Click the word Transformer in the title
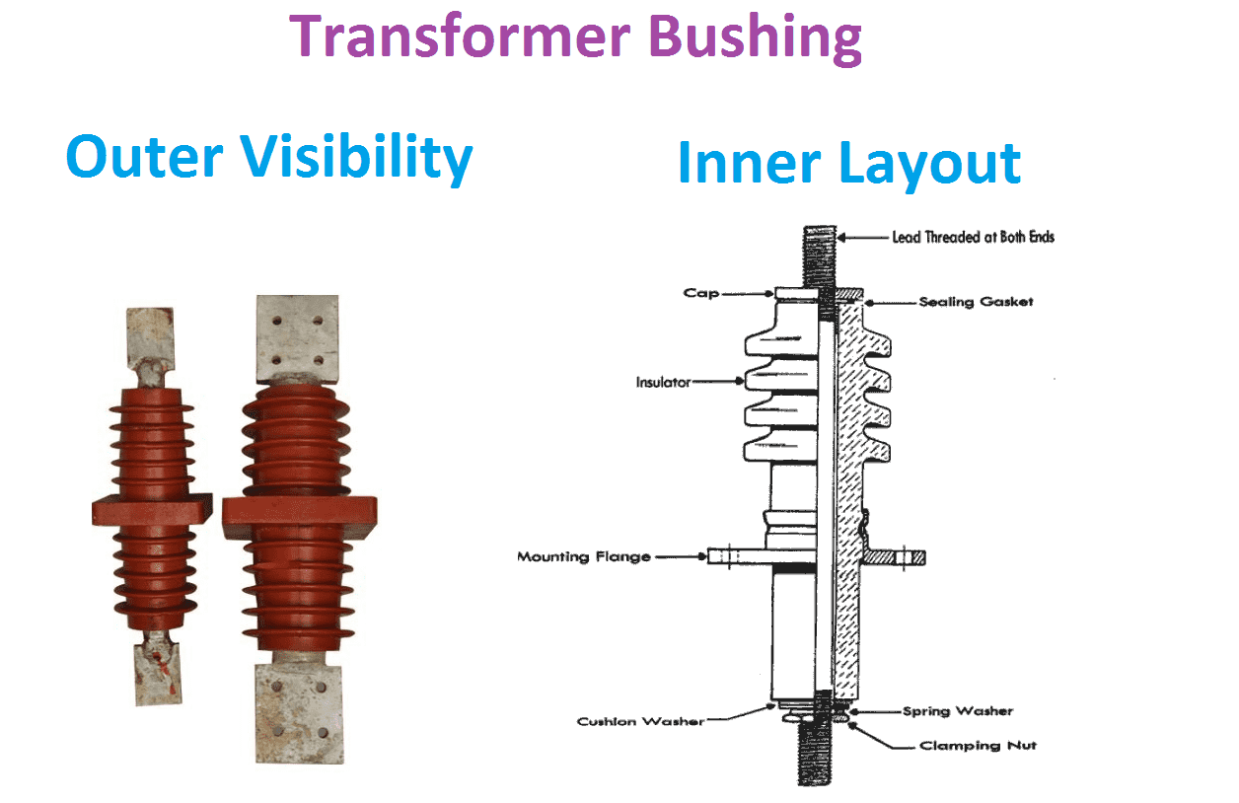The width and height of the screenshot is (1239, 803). pyautogui.click(x=451, y=36)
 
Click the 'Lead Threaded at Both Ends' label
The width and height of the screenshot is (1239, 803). pyautogui.click(x=973, y=237)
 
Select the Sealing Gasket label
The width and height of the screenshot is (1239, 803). pyautogui.click(x=976, y=301)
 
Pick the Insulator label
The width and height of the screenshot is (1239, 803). pyautogui.click(x=663, y=381)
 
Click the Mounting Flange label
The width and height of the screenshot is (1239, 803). pyautogui.click(x=584, y=557)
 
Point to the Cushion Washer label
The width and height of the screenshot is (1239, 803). pyautogui.click(x=640, y=721)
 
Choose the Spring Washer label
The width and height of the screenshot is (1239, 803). pyautogui.click(x=958, y=710)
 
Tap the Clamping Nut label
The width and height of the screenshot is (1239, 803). pyautogui.click(x=977, y=746)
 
